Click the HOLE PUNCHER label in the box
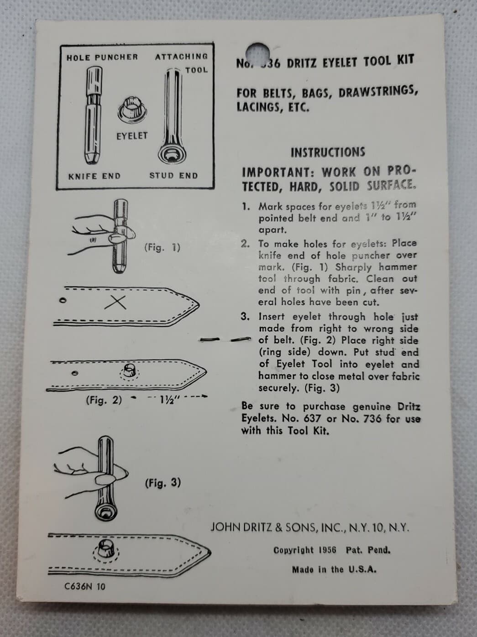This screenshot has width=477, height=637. pyautogui.click(x=102, y=57)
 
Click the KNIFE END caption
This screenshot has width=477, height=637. pyautogui.click(x=94, y=176)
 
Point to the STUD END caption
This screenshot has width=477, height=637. pyautogui.click(x=173, y=176)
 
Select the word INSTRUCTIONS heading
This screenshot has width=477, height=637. pyautogui.click(x=328, y=152)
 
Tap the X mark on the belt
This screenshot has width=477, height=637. pyautogui.click(x=115, y=302)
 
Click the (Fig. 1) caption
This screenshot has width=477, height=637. pyautogui.click(x=162, y=247)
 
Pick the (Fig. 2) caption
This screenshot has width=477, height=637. pyautogui.click(x=104, y=400)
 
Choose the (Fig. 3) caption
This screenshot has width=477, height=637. pyautogui.click(x=162, y=483)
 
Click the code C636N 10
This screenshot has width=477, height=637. pyautogui.click(x=84, y=586)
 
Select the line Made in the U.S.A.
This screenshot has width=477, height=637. pyautogui.click(x=334, y=569)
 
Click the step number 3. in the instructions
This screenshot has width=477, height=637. pyautogui.click(x=245, y=317)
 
